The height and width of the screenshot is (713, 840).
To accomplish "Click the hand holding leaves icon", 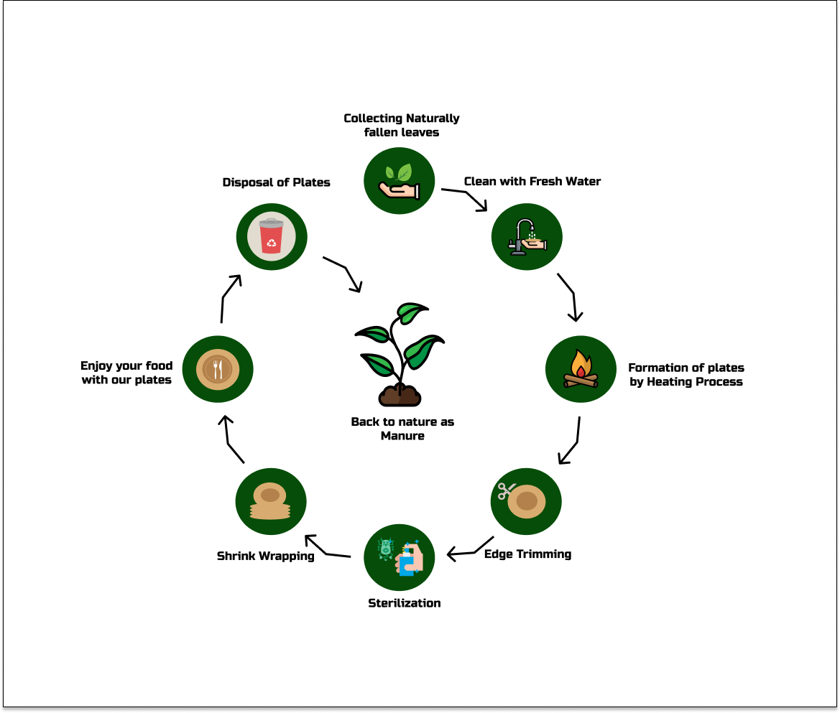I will (400, 181).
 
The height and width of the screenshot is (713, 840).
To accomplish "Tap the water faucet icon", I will (527, 236).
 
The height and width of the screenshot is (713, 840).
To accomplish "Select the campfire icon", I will (581, 370).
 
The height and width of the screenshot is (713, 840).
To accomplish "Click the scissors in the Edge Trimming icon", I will (507, 491).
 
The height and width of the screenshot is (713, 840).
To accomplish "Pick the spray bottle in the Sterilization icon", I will (410, 559).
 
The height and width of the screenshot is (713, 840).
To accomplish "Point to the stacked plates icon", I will (270, 502).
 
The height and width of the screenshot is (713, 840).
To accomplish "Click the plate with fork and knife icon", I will (217, 369).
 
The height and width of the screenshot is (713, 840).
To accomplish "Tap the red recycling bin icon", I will (272, 236).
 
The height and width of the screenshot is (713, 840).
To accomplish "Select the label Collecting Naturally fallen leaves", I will (402, 125).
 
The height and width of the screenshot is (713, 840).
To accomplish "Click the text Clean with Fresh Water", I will (532, 181).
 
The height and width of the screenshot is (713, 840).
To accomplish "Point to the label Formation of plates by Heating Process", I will (686, 375).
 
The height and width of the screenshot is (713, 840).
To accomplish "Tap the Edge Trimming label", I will (528, 554).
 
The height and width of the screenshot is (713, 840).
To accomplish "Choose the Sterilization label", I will (405, 603).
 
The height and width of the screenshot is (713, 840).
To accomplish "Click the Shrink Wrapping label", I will (266, 556).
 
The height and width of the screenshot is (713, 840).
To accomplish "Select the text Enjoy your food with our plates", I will (126, 373).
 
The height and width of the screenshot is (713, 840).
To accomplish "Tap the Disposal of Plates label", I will (277, 182).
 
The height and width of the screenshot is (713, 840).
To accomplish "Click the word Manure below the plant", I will (402, 435).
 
